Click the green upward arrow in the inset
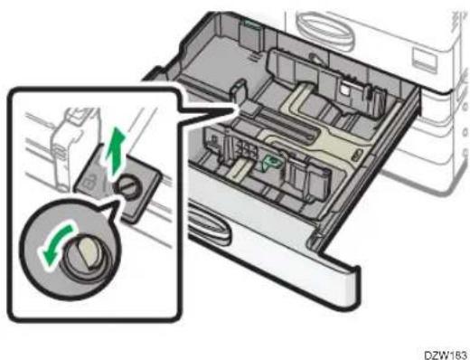point(115,152)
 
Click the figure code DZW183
point(446,355)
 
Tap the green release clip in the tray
point(272,162)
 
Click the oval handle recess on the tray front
point(210,223)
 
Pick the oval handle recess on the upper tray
point(324,29)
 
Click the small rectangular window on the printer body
point(424,61)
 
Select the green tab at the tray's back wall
point(250,24)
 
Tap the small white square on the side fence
point(344,89)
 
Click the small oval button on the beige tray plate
point(356,155)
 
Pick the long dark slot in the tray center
point(287,125)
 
